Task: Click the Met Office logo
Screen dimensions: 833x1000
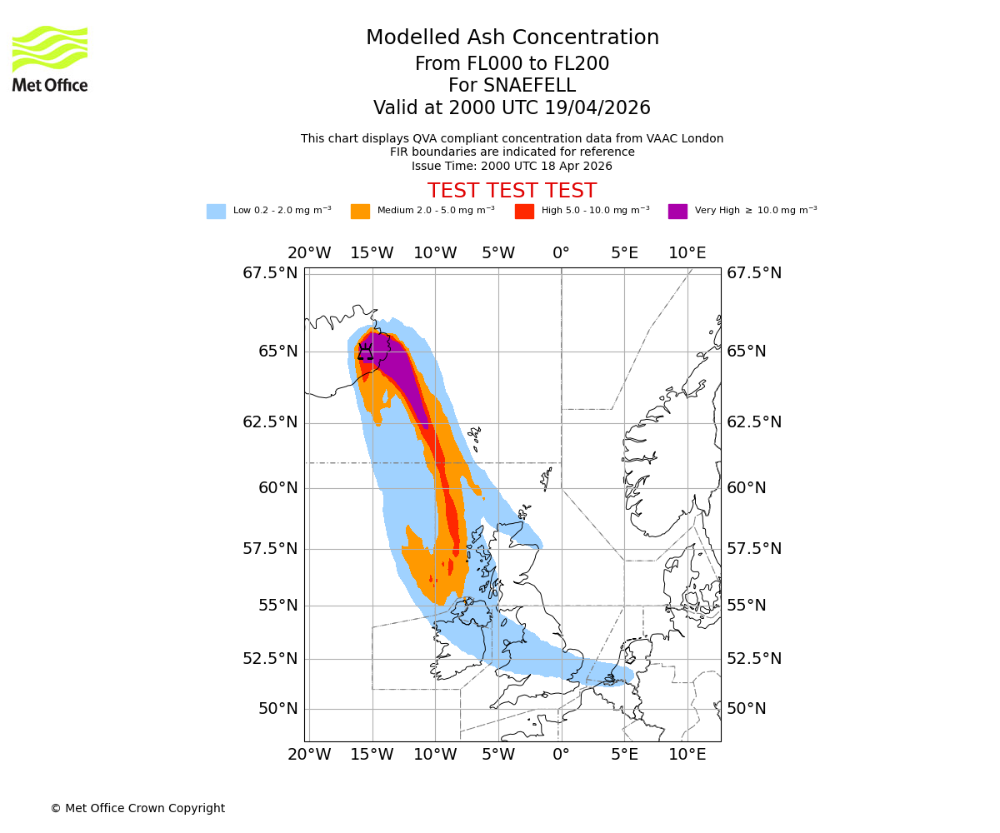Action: pos(50,58)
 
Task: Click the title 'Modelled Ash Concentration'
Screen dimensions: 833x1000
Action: pos(512,38)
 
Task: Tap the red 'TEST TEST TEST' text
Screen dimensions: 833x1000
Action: pos(512,192)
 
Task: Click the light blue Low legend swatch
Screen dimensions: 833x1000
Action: pos(216,212)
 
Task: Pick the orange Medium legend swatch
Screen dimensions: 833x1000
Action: pos(360,212)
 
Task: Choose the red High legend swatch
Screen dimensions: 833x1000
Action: pos(524,212)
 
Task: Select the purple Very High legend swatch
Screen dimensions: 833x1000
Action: pos(677,212)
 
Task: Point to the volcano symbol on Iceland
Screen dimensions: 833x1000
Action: pos(365,351)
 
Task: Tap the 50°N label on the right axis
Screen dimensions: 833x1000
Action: pos(746,709)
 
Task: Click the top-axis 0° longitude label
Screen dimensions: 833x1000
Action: pos(561,253)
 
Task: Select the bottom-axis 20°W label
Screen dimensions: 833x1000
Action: pos(309,756)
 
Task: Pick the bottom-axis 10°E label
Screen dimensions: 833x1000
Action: pos(687,756)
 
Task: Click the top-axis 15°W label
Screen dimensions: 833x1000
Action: pos(372,253)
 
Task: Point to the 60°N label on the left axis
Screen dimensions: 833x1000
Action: pos(277,488)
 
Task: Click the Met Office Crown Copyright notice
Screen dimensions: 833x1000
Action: pos(137,809)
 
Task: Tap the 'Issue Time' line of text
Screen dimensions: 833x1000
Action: pos(512,166)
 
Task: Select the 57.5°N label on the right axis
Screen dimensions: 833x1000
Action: pos(754,549)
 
